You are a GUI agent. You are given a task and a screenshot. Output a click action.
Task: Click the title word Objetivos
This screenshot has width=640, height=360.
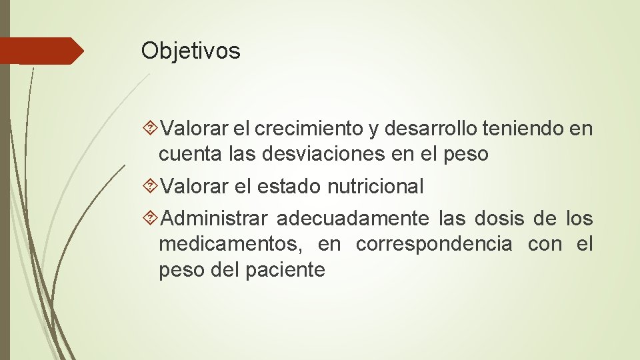191,51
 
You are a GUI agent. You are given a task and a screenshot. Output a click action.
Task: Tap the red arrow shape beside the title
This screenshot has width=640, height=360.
41,51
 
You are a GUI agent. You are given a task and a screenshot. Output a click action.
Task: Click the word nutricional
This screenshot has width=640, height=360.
375,187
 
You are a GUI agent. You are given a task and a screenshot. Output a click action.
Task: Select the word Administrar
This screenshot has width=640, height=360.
214,218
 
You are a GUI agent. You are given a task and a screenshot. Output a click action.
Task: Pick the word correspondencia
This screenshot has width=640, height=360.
434,244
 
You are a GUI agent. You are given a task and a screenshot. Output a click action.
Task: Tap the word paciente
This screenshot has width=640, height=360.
288,270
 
